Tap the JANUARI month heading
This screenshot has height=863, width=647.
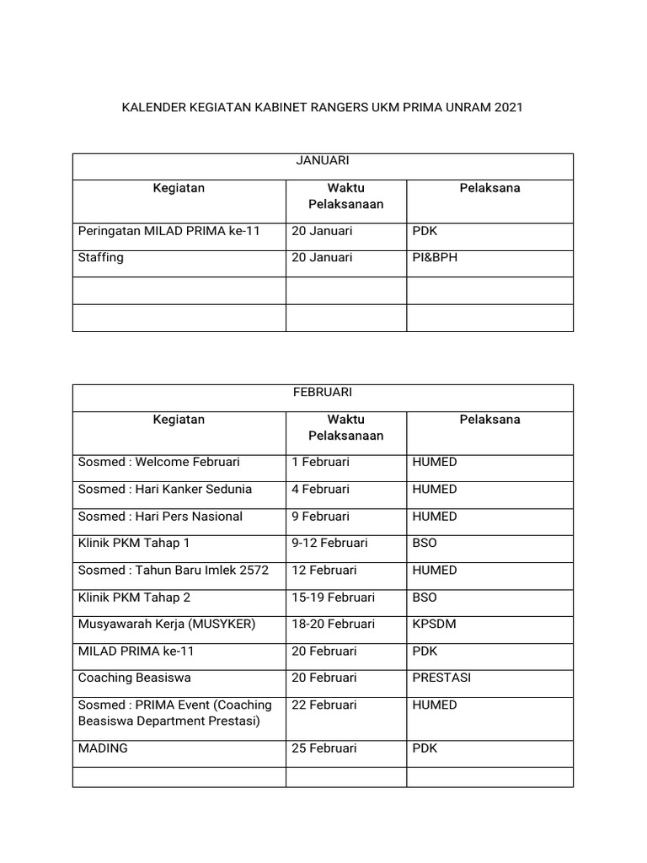[x=323, y=160]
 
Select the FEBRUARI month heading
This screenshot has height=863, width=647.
[x=323, y=392]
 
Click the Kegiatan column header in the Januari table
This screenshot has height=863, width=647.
[x=179, y=188]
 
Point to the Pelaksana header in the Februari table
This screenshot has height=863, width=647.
[x=489, y=419]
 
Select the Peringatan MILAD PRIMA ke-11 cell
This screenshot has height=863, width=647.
[x=169, y=231]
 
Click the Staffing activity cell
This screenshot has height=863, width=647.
[x=101, y=258]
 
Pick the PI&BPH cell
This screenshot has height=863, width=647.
[x=435, y=258]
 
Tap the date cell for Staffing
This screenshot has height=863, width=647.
[x=322, y=258]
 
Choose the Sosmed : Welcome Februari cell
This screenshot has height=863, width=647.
[x=159, y=462]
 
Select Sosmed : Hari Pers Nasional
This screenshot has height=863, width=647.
[x=160, y=516]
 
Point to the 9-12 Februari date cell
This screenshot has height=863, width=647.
[x=329, y=543]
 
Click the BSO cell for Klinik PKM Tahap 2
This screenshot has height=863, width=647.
[x=425, y=597]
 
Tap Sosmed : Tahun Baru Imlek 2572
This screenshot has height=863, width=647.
[x=174, y=570]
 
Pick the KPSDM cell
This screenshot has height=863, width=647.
[x=431, y=624]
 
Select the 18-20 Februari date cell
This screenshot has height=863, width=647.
[x=333, y=624]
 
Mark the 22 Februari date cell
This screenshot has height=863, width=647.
[x=323, y=705]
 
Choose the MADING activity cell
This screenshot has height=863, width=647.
[x=103, y=748]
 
